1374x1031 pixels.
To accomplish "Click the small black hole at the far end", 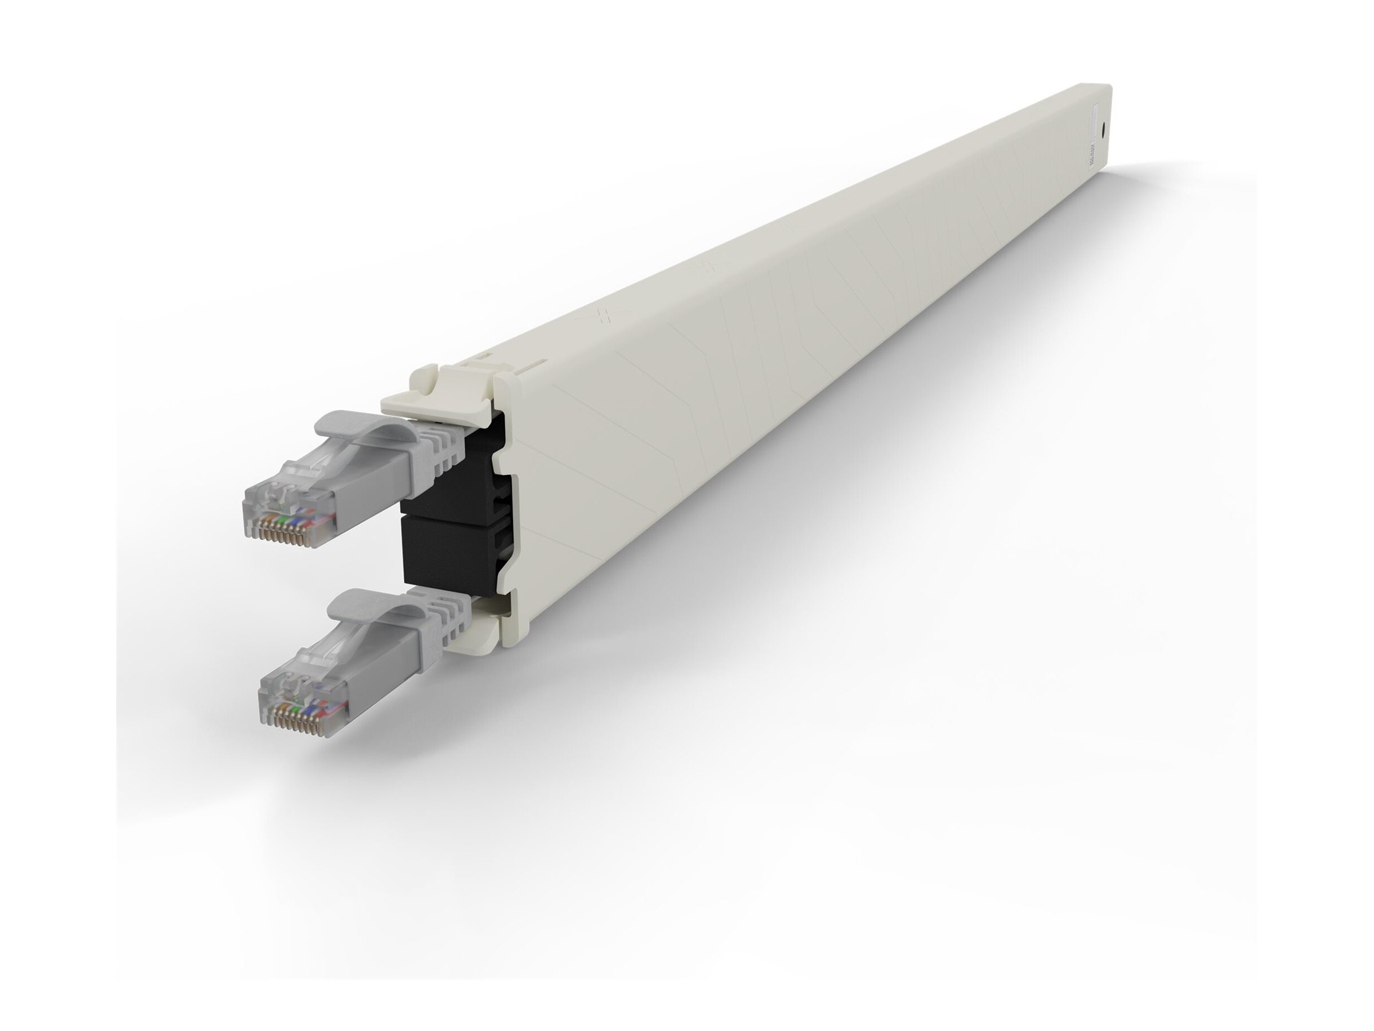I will (x=1101, y=131).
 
